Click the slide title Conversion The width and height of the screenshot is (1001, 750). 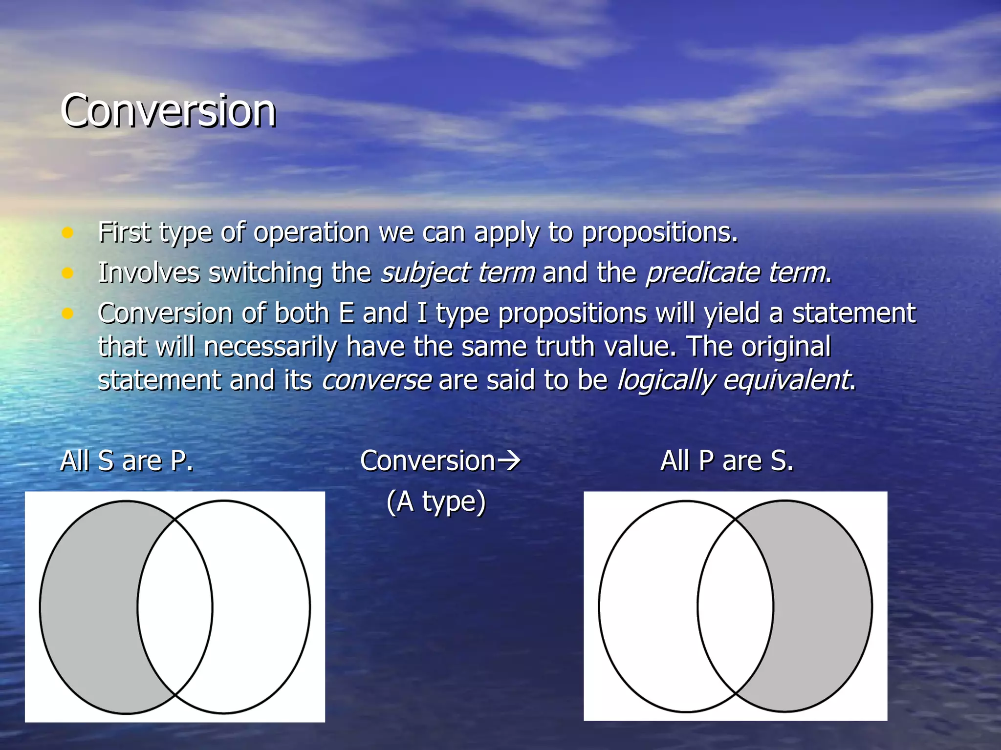point(168,111)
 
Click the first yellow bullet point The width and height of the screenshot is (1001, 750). point(67,232)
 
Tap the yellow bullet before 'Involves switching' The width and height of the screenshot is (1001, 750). point(67,273)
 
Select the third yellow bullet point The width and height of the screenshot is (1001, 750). point(67,313)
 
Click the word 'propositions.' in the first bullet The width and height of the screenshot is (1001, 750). point(660,232)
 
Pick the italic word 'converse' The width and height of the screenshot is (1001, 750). point(376,380)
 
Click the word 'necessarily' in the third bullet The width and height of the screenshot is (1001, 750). point(270,347)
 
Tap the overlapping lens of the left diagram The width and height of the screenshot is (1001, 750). point(175,607)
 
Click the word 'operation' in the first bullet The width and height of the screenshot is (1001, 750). point(311,232)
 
